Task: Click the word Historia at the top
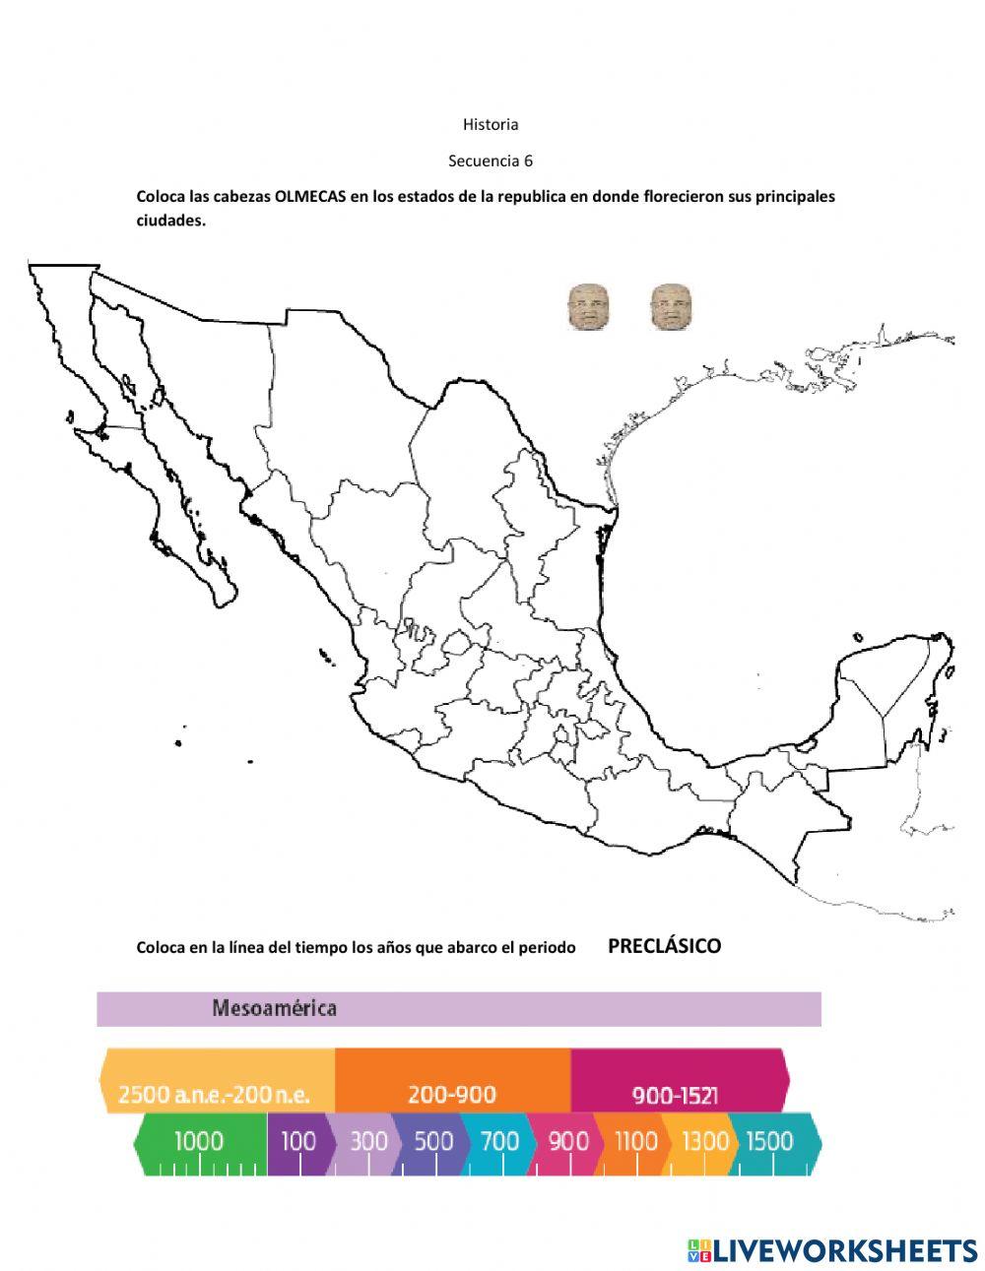[x=491, y=125]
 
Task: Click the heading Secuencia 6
[x=491, y=160]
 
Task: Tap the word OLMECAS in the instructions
[x=310, y=196]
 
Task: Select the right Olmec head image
[x=671, y=307]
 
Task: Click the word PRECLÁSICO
[x=664, y=946]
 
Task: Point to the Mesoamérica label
[x=274, y=1008]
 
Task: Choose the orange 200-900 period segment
[x=452, y=1094]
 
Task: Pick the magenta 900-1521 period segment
[x=675, y=1094]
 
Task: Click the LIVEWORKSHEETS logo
[x=832, y=1250]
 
